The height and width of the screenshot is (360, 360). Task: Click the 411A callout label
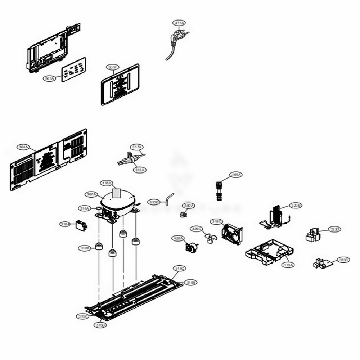(179, 23)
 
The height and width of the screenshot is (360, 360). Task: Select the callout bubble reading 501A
(50, 78)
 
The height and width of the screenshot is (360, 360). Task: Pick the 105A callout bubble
(236, 175)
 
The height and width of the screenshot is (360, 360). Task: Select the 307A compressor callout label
(92, 194)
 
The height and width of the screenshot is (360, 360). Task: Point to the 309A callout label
(189, 206)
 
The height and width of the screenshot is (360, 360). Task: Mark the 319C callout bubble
(217, 222)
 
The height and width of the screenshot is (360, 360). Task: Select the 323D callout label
(335, 229)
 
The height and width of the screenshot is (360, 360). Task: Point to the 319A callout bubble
(288, 265)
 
